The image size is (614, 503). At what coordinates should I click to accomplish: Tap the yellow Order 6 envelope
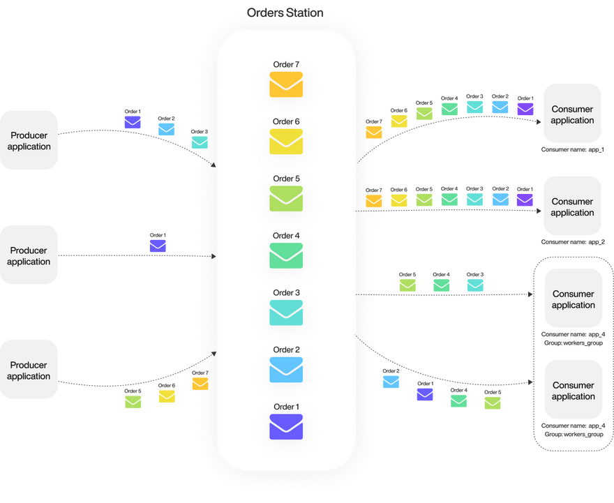pos(286,142)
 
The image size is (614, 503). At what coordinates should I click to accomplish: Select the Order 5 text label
pos(286,179)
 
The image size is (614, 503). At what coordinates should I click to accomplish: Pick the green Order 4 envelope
pos(286,255)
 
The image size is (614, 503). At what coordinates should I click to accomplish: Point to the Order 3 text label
pos(286,293)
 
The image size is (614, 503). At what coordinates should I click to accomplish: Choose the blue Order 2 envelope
pos(286,370)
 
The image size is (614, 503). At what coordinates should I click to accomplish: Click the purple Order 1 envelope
pos(286,427)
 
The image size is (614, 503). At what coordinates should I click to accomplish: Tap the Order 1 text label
pos(286,407)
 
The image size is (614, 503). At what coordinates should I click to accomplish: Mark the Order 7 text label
pos(286,65)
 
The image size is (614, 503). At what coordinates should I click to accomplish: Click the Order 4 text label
pos(286,236)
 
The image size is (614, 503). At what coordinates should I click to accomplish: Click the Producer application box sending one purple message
pos(29,256)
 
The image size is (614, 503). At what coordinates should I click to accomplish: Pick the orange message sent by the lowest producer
pos(200,383)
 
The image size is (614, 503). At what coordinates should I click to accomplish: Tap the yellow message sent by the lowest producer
pos(167,396)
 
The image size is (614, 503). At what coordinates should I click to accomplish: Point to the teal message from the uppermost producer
pos(199,141)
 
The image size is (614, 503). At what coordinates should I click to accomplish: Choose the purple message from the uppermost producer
pos(133,121)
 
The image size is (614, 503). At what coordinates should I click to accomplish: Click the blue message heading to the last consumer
pos(391,382)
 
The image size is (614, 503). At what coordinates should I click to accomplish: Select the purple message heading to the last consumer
pos(425,393)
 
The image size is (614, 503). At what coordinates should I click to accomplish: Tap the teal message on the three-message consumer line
pos(474,284)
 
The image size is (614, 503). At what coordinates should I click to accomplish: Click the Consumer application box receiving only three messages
pos(573,299)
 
